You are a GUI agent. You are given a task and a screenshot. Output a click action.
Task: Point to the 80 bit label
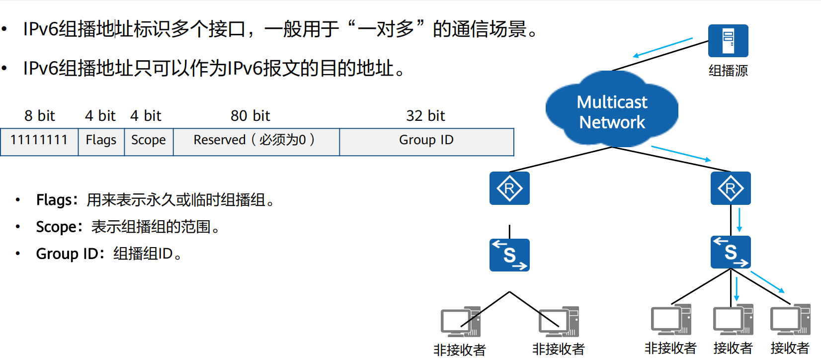coord(250,116)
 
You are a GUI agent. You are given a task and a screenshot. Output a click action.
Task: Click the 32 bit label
coord(425,116)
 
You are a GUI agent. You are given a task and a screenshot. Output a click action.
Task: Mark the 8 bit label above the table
coord(40,116)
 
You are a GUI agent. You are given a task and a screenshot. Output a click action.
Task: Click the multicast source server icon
coord(728,41)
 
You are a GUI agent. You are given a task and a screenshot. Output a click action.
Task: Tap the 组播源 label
coord(728,71)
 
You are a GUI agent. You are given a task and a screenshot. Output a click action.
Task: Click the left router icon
coord(509,188)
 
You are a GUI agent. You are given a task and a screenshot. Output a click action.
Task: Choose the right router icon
coord(731,188)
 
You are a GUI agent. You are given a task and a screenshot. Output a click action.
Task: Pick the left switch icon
coord(509,255)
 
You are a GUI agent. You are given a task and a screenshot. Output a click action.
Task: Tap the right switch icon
coord(731,252)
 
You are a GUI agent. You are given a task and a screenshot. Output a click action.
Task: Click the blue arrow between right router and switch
coord(739,220)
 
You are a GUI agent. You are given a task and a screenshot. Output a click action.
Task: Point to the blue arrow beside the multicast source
coord(663,47)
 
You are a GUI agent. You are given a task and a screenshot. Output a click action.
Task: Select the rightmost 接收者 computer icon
coord(790,320)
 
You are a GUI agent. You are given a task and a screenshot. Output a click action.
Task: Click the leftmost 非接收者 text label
coord(459,350)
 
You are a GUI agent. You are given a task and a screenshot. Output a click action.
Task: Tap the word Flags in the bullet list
coord(54,200)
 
